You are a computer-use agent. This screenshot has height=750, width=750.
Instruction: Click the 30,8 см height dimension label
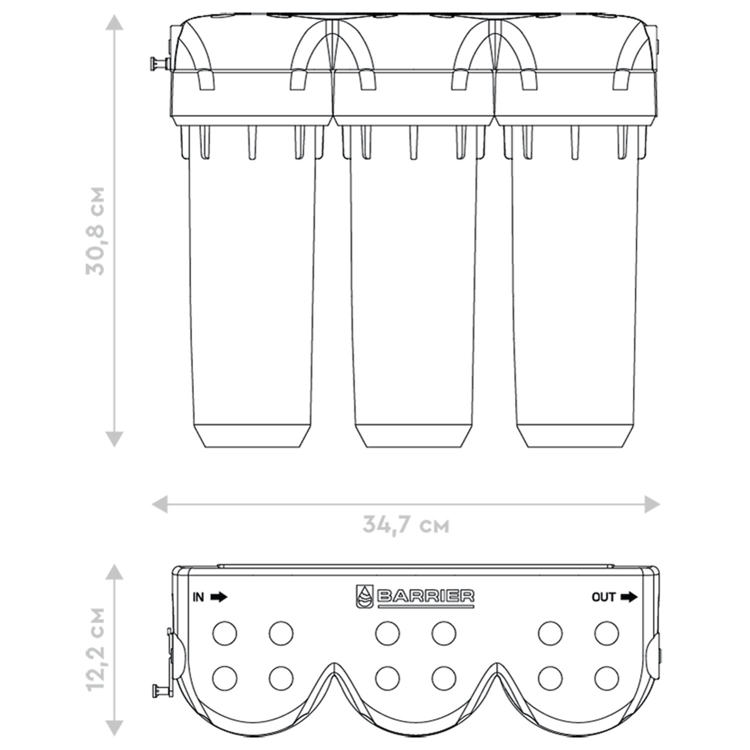[95, 231]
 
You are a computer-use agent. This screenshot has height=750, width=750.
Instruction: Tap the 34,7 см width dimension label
[406, 525]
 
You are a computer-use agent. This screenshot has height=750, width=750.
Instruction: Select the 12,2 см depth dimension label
[95, 648]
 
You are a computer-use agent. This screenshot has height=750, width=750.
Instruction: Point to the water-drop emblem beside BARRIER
[364, 597]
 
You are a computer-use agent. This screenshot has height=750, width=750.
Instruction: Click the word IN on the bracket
[198, 597]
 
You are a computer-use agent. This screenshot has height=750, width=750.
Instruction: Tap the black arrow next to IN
[218, 597]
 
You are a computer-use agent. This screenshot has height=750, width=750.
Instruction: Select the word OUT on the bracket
[603, 597]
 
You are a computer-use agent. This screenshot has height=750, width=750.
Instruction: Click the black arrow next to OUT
[629, 597]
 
